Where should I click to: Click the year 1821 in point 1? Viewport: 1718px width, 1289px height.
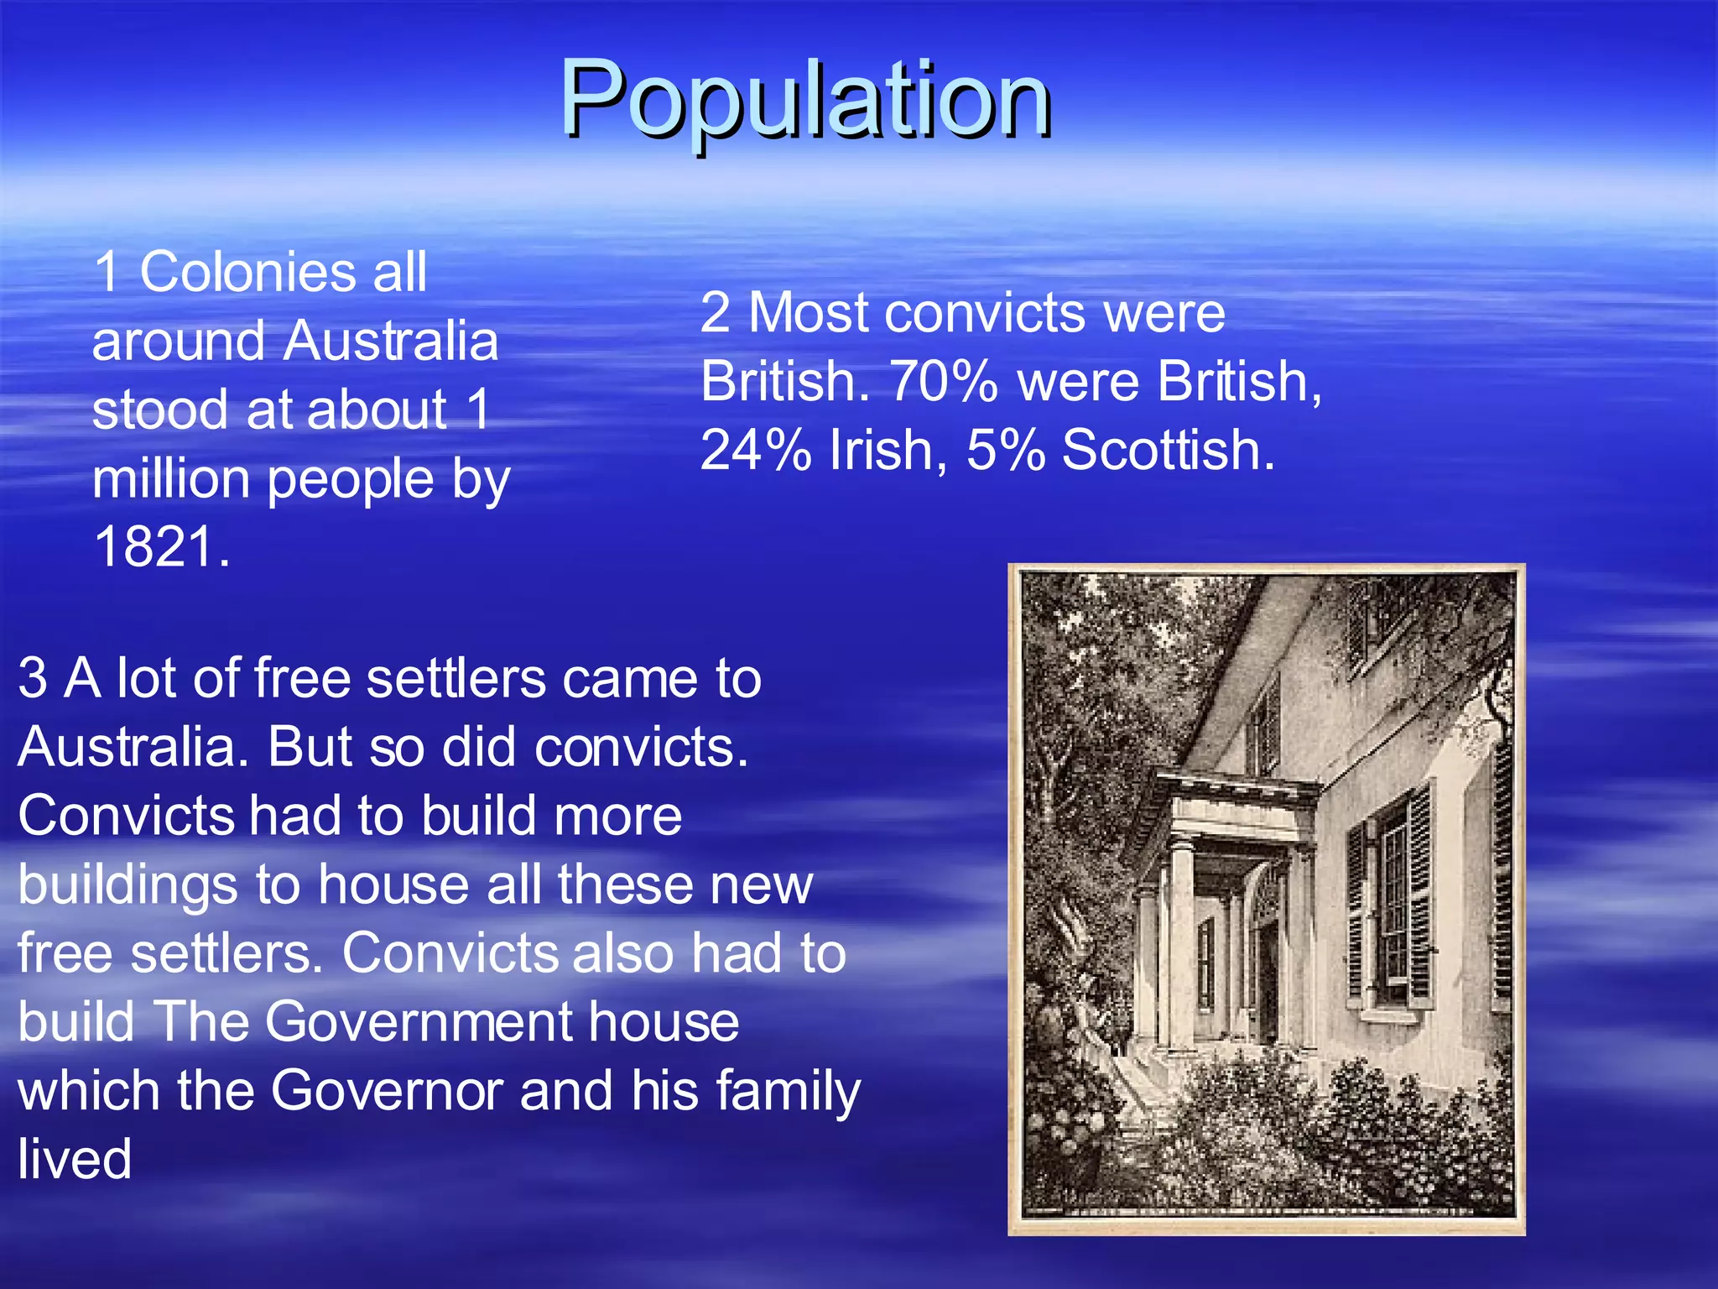tap(162, 547)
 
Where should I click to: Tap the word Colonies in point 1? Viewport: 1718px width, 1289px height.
tap(248, 272)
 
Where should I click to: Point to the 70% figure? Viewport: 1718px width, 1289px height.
tap(944, 382)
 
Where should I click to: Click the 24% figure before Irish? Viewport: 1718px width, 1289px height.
tap(755, 451)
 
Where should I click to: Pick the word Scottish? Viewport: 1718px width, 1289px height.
tap(1168, 451)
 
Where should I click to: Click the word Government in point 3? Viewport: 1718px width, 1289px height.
tap(418, 1022)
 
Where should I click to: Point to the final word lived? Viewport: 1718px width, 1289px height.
tap(75, 1160)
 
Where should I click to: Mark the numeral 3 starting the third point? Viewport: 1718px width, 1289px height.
tap(32, 678)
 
